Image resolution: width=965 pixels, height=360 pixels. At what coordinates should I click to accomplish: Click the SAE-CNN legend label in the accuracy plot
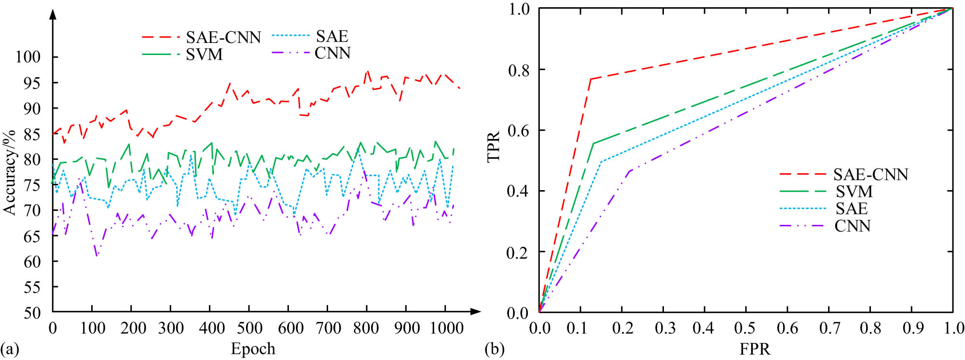click(223, 37)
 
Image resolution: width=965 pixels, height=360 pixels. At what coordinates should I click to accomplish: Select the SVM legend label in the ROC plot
click(854, 192)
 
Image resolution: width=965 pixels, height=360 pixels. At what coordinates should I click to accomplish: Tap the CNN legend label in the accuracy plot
click(332, 53)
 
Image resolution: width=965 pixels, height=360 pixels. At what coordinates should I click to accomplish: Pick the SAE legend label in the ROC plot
click(852, 208)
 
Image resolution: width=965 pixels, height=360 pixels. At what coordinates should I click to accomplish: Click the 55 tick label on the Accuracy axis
click(32, 288)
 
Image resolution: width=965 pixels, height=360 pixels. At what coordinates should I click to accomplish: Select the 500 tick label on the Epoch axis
click(248, 329)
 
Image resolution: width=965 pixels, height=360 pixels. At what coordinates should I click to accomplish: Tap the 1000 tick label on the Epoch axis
click(446, 329)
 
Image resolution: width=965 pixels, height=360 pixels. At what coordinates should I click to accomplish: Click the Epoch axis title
click(253, 348)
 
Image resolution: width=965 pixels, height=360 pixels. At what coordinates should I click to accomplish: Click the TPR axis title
click(493, 147)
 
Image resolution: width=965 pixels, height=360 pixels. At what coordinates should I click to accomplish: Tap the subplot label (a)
click(10, 348)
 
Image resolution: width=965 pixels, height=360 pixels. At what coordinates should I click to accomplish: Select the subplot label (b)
click(494, 348)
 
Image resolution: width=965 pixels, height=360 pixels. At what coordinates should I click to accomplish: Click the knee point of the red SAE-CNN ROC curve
click(591, 79)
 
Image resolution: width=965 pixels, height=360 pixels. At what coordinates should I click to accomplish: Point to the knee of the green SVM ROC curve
click(593, 143)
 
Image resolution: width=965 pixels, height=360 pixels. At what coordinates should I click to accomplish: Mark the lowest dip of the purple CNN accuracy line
click(97, 255)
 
